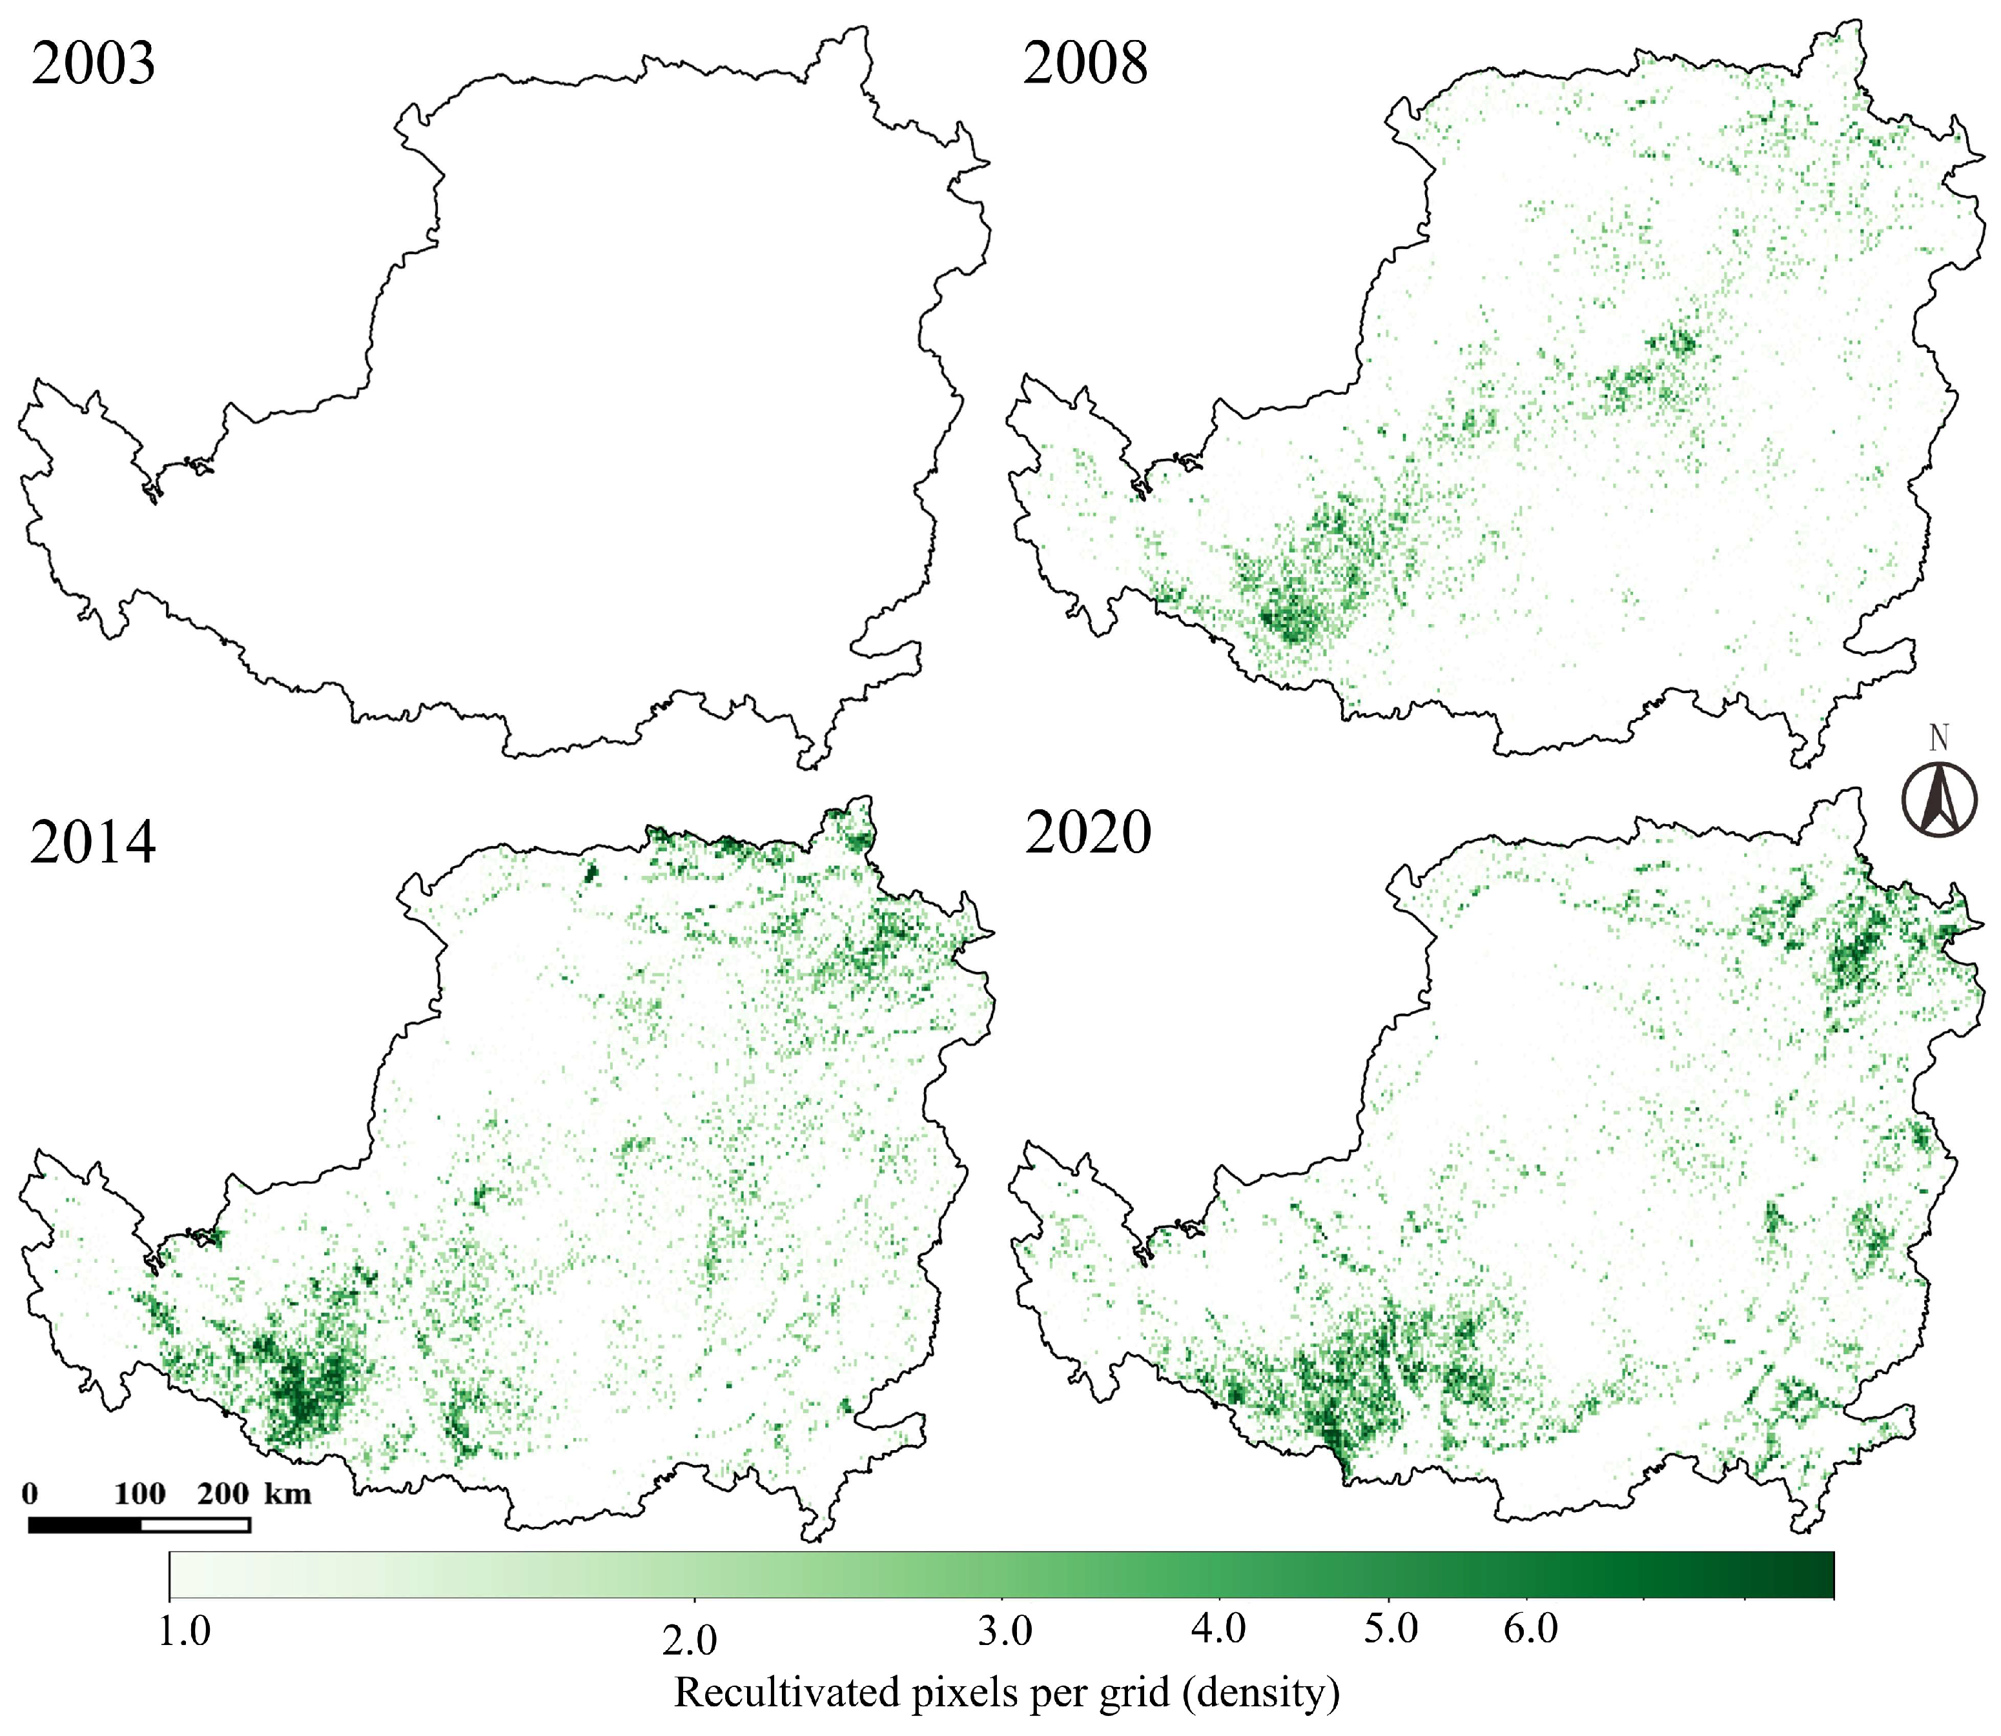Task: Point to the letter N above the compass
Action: click(x=1938, y=738)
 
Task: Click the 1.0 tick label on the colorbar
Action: click(x=184, y=1631)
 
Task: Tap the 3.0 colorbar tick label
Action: click(x=1004, y=1631)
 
